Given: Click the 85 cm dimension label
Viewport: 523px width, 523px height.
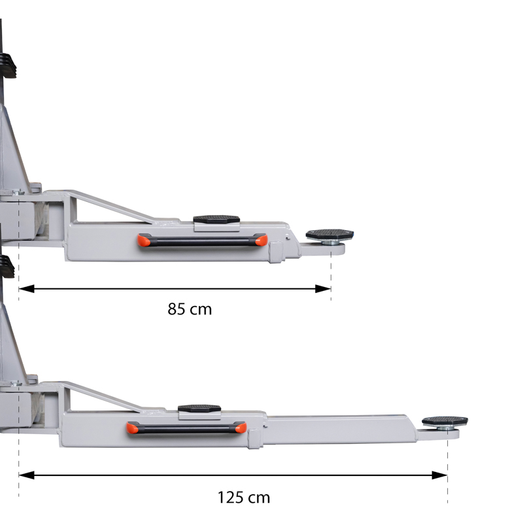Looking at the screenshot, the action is click(x=190, y=309).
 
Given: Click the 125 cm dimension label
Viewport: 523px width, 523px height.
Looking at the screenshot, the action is click(x=243, y=498).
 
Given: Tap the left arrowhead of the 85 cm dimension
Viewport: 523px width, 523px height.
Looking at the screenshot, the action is click(x=26, y=289).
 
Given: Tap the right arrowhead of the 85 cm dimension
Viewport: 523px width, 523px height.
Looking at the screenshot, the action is click(x=323, y=289).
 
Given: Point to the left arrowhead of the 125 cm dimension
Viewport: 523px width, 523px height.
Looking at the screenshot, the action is click(x=26, y=475).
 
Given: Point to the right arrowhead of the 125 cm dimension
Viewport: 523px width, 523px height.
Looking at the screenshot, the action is click(x=439, y=475).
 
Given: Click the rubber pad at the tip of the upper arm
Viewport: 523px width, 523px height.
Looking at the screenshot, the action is click(x=329, y=234).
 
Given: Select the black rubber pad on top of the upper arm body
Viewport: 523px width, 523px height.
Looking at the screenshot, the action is click(x=216, y=219).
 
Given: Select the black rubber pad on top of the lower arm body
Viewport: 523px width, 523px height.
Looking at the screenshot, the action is click(x=199, y=408).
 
